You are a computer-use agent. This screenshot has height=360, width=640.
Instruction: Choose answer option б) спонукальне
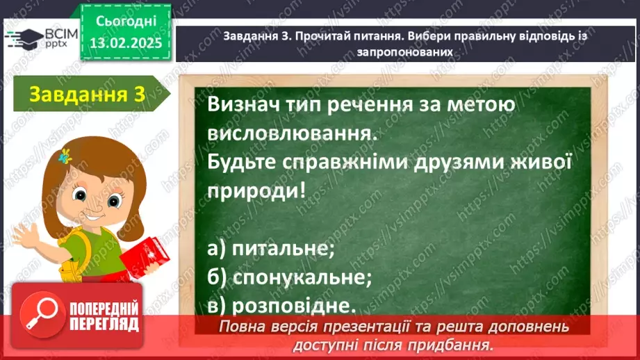point(289,277)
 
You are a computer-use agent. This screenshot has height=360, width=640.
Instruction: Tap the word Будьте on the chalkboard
point(241,161)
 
